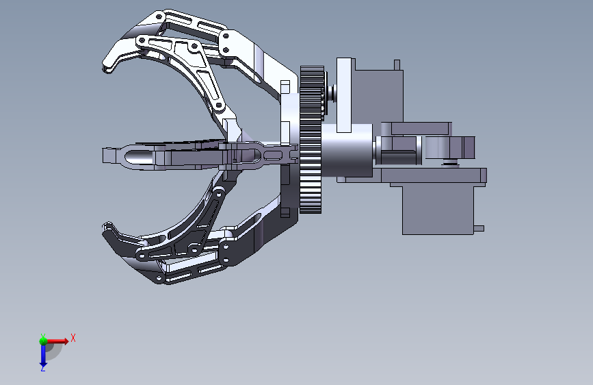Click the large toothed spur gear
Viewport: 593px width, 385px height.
pyautogui.click(x=311, y=140)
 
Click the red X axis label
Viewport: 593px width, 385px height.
pyautogui.click(x=73, y=338)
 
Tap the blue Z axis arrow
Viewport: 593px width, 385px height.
pyautogui.click(x=42, y=354)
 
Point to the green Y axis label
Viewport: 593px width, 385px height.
pyautogui.click(x=43, y=336)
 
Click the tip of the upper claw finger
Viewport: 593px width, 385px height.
pyautogui.click(x=106, y=69)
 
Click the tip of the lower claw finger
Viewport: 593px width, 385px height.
pyautogui.click(x=106, y=227)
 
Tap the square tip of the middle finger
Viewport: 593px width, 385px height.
pyautogui.click(x=109, y=156)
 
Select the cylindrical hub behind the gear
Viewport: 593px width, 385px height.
pyautogui.click(x=347, y=151)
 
